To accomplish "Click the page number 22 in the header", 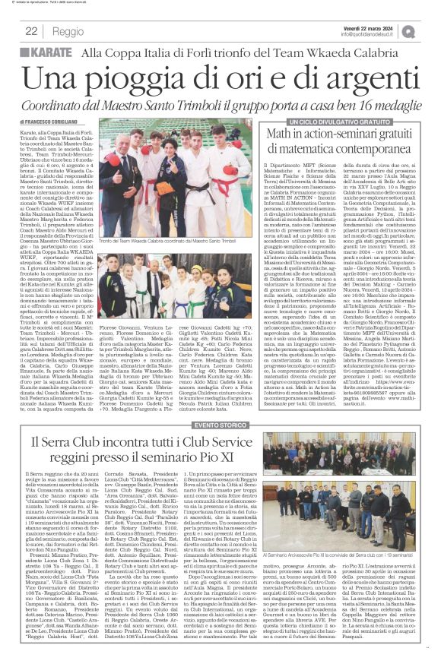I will (x=31, y=31).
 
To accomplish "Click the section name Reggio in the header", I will (x=68, y=31).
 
